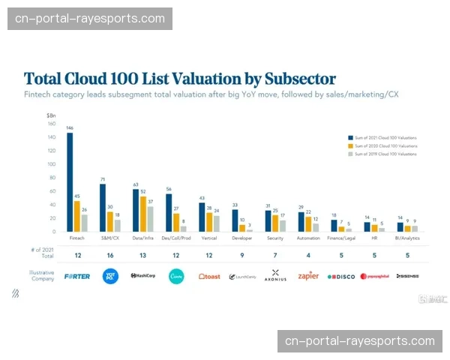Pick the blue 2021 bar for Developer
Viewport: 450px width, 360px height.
tap(234, 220)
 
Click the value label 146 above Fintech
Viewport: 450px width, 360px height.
tap(70, 128)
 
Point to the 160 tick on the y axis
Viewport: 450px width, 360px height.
tap(51, 124)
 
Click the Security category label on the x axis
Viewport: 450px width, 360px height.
tap(274, 238)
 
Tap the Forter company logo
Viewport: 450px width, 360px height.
tap(77, 276)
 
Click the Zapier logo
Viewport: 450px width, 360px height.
tap(308, 276)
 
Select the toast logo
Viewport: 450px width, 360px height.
tap(209, 276)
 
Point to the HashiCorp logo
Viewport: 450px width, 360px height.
tap(143, 276)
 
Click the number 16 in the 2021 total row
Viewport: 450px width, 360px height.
tap(110, 255)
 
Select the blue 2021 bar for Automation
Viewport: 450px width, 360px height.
tap(301, 222)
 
